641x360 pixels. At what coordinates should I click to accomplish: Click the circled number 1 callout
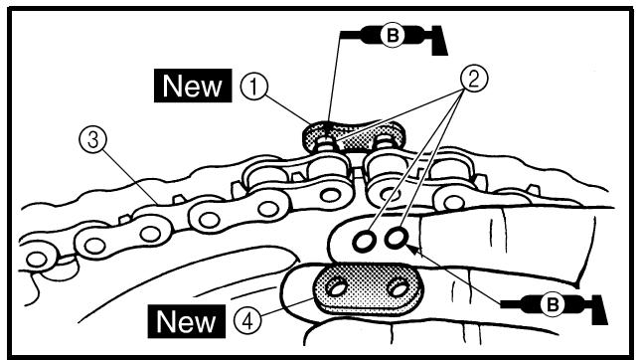pos(253,87)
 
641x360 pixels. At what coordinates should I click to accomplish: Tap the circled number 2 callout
pos(473,79)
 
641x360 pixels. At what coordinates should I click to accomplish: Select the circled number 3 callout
pos(93,139)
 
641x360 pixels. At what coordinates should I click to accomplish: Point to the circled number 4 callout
pos(247,321)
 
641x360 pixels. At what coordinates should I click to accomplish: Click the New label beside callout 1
pos(193,86)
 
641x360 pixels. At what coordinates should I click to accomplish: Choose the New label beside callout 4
pos(187,321)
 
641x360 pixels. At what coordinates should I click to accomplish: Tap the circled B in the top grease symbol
pos(393,36)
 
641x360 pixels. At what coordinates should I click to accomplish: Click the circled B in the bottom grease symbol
pos(553,304)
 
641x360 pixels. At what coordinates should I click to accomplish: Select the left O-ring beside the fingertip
pos(363,241)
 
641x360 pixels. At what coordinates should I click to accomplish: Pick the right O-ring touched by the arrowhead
pos(396,238)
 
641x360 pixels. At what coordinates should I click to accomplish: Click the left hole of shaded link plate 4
pos(336,287)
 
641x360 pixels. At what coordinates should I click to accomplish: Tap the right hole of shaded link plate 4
pos(398,288)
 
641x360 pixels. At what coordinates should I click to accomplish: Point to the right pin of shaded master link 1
pos(383,141)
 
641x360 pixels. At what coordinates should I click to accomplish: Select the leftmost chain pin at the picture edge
pos(37,259)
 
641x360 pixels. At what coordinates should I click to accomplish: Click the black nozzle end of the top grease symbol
pos(439,40)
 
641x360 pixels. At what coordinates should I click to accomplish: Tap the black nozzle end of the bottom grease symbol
pos(599,309)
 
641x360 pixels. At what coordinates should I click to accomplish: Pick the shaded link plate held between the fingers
pos(367,288)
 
